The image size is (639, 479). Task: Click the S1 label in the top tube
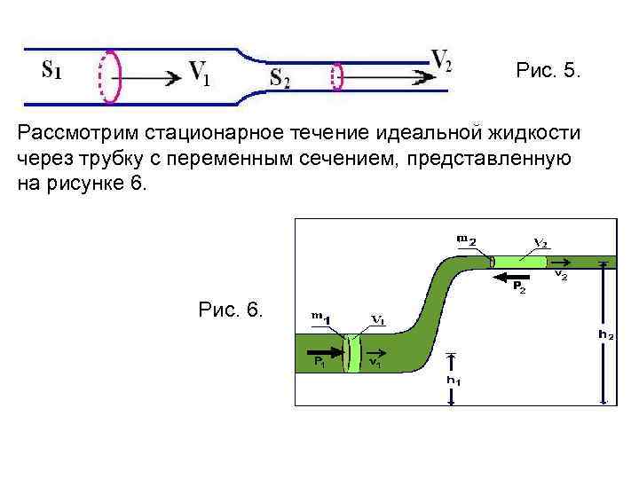(x=51, y=68)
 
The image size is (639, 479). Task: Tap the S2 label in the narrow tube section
(x=280, y=78)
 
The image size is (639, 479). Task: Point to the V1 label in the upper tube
(x=199, y=74)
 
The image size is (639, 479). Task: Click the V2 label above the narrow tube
(x=441, y=59)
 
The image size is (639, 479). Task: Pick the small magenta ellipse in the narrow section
(x=336, y=76)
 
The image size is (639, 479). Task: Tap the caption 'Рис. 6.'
(x=231, y=310)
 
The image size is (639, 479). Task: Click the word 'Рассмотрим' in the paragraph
(x=71, y=133)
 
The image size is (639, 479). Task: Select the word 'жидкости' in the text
(x=535, y=133)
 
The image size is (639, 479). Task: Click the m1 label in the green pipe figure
(x=320, y=317)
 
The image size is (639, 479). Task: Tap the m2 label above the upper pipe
(x=467, y=239)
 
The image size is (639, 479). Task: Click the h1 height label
(x=453, y=381)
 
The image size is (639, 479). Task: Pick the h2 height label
(x=605, y=335)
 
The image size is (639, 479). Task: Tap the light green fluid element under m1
(x=352, y=352)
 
